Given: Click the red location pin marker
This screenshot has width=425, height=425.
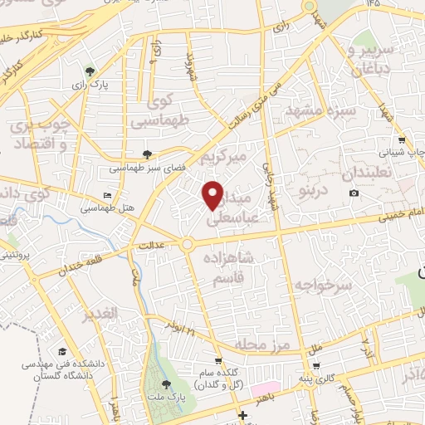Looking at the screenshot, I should [x=213, y=195].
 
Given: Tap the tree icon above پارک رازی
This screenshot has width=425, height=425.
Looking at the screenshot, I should [x=90, y=71].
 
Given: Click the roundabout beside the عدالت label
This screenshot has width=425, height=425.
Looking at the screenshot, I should [x=188, y=244].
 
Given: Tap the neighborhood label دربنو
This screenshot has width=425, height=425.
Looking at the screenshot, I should [x=310, y=170].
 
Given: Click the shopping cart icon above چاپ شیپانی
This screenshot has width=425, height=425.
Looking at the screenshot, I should [x=402, y=140].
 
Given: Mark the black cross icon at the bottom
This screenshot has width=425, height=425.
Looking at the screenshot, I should [x=242, y=415].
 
